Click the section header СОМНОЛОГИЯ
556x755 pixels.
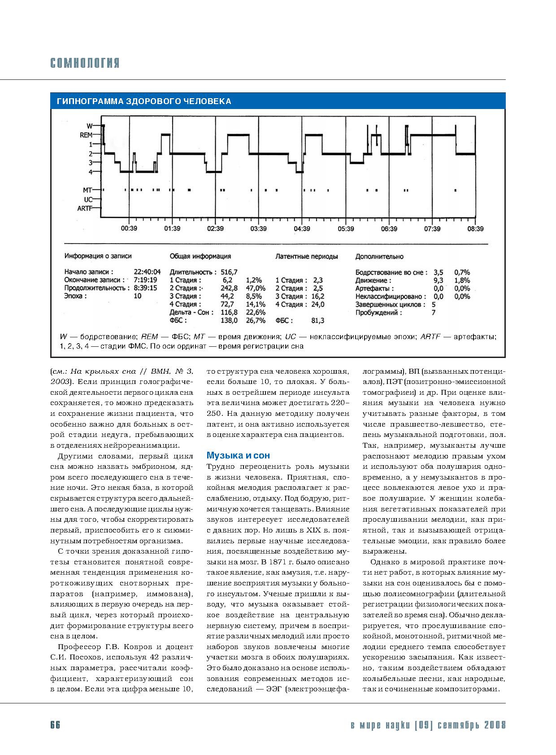pos(85,63)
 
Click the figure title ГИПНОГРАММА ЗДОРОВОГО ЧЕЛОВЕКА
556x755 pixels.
pos(144,101)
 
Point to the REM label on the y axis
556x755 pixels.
pos(86,135)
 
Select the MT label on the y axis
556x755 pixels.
pos(87,190)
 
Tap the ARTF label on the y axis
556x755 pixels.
pos(85,208)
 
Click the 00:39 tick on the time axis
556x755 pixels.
pos(129,229)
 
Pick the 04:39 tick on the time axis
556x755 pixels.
pos(302,229)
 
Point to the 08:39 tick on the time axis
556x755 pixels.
pos(475,229)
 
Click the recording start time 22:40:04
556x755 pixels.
pos(147,272)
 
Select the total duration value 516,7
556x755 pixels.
pos(229,272)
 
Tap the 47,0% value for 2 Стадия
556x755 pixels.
pos(256,288)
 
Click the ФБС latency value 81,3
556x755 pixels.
pos(317,321)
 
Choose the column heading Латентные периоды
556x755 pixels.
pos(306,257)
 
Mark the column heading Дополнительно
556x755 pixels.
pos(379,257)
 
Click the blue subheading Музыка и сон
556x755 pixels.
pos(238,455)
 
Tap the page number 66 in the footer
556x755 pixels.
pos(55,725)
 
